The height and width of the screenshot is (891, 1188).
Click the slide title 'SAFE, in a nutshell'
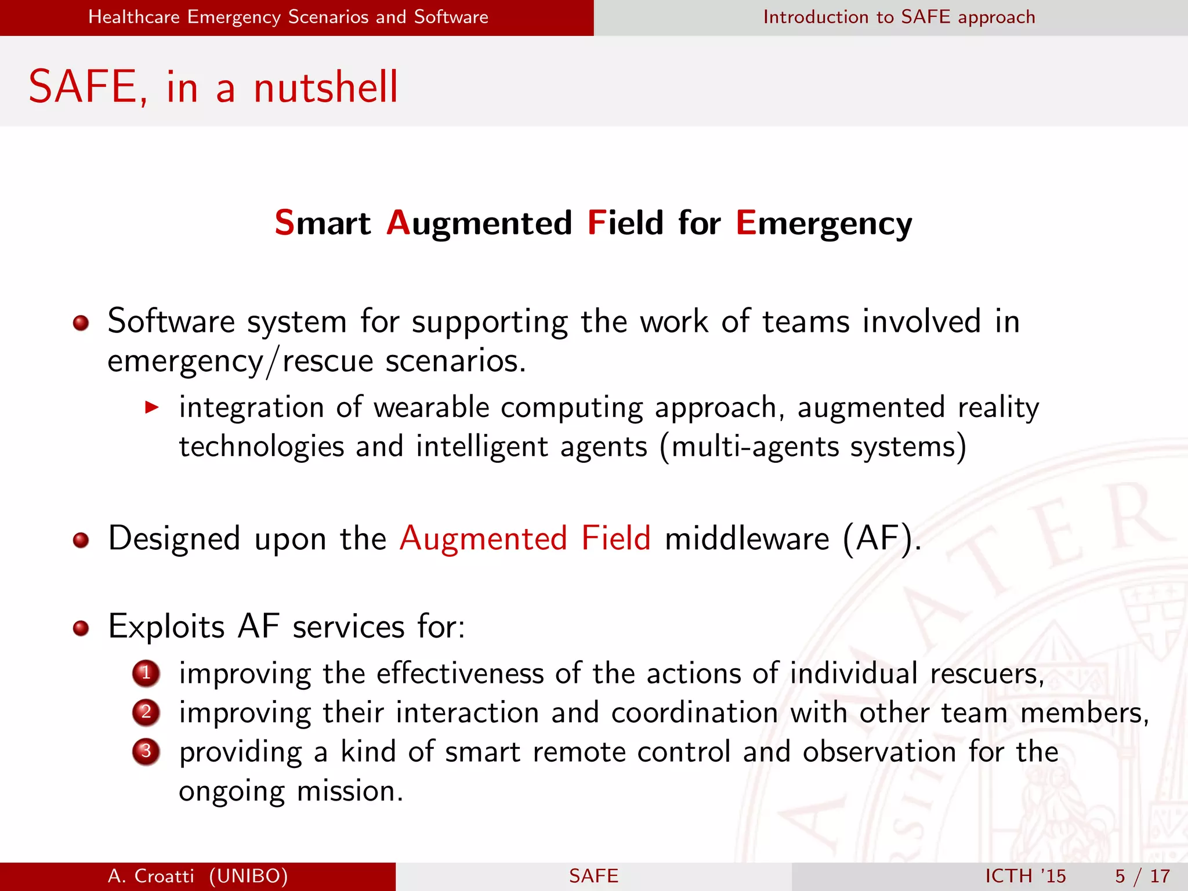tap(213, 87)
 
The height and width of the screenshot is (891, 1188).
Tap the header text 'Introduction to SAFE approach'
tap(899, 17)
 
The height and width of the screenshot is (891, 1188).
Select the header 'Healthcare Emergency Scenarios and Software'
tap(288, 17)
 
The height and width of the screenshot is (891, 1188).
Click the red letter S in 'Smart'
tap(284, 223)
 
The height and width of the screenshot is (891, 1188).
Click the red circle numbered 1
tap(146, 673)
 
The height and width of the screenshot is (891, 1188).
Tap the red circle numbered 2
tap(146, 712)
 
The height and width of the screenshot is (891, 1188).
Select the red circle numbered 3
tap(146, 751)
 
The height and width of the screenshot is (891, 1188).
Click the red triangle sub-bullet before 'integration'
tap(152, 407)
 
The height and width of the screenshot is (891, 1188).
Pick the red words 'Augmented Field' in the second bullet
tap(525, 538)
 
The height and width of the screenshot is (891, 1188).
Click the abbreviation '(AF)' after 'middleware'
tap(881, 538)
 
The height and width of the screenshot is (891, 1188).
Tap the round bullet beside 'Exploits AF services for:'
tap(81, 628)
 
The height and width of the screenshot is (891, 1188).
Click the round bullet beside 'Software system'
tap(81, 323)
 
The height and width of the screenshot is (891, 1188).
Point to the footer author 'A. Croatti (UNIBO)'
tap(198, 876)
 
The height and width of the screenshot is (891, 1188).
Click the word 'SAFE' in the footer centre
tap(593, 876)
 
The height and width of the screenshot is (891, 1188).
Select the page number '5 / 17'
tap(1142, 876)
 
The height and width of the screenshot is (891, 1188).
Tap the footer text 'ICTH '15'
tap(1026, 876)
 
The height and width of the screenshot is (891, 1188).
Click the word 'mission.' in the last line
tap(350, 791)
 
